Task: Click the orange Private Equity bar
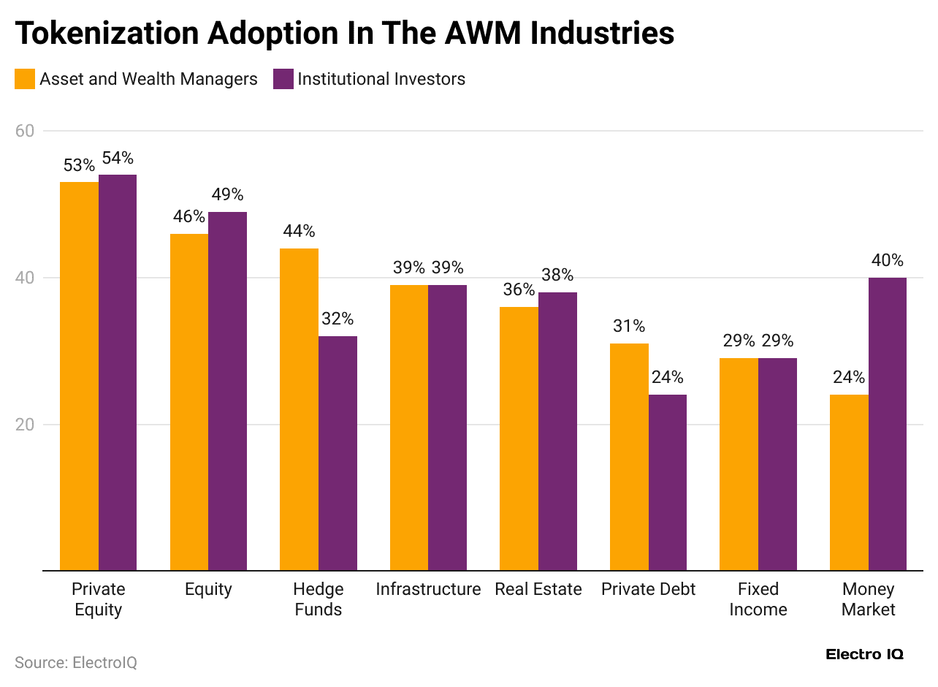click(79, 376)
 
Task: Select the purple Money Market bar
click(887, 424)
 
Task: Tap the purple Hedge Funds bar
click(338, 453)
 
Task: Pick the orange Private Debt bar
click(629, 457)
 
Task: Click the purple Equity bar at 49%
click(227, 391)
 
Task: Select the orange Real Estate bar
click(519, 439)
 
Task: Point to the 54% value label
click(118, 159)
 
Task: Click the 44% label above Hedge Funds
click(299, 232)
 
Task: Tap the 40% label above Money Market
click(887, 261)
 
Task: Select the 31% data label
click(629, 327)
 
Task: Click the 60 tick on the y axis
click(25, 131)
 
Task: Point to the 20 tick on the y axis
click(25, 425)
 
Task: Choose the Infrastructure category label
click(428, 589)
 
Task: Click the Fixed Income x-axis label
click(758, 599)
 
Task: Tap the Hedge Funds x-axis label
click(318, 599)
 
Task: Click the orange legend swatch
click(25, 79)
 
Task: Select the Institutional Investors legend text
click(381, 79)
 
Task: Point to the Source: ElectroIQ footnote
click(76, 662)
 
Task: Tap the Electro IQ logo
click(864, 654)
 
